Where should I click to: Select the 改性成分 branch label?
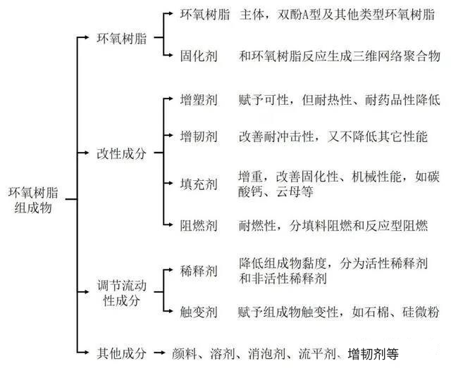[x=121, y=154]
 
